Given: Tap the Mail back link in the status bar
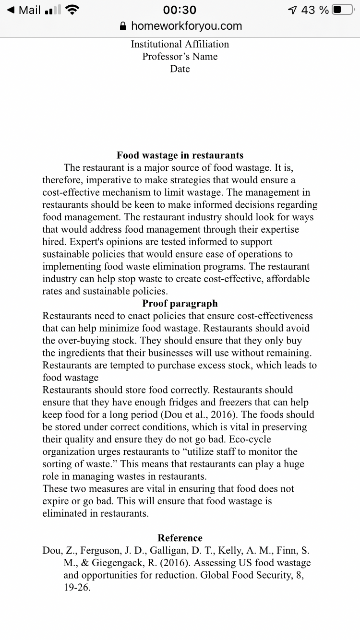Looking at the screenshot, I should (x=24, y=10).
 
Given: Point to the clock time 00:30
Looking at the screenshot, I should (x=180, y=10).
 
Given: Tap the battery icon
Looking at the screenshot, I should (x=343, y=10).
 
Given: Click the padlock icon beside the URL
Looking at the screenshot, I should (x=124, y=26).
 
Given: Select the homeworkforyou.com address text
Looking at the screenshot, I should (x=186, y=26).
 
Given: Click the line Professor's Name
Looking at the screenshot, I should (x=180, y=57).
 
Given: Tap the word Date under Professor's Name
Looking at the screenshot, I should (x=180, y=69).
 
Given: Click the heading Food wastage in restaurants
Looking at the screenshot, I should (x=180, y=155).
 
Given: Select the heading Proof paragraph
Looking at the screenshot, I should (x=180, y=304).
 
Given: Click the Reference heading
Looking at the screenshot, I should (x=180, y=538).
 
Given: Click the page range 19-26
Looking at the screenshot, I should (x=77, y=588).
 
